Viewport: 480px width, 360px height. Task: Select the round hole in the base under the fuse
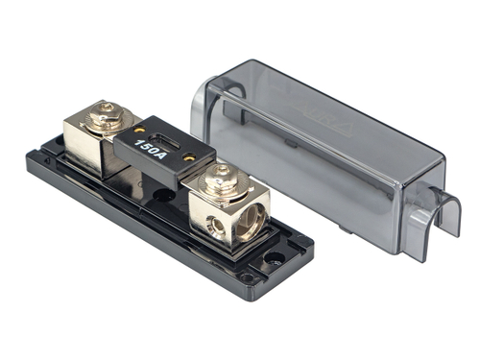(164, 194)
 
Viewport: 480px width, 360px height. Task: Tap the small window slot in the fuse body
(172, 146)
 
